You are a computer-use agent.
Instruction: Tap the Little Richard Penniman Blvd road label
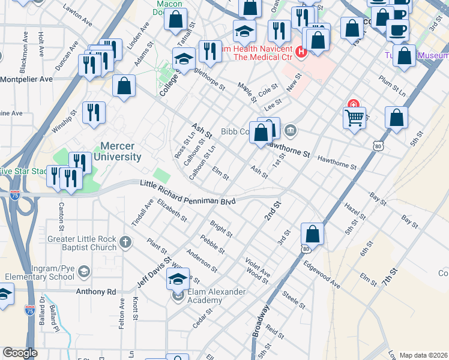point(187,193)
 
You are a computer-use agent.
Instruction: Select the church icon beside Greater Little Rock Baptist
point(125,242)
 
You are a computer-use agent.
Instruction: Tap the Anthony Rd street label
point(95,292)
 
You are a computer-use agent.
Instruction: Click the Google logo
point(20,353)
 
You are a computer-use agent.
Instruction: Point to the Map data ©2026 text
point(423,355)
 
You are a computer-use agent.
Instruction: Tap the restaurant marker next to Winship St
point(94,112)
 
